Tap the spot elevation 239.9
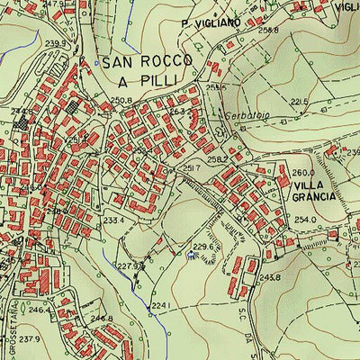tap(56, 43)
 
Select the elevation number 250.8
tap(121, 100)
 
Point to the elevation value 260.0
tap(302, 173)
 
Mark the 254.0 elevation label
tap(306, 219)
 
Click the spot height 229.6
tap(202, 246)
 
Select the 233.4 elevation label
tap(112, 220)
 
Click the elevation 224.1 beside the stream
tap(159, 306)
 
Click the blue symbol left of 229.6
tap(190, 256)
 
